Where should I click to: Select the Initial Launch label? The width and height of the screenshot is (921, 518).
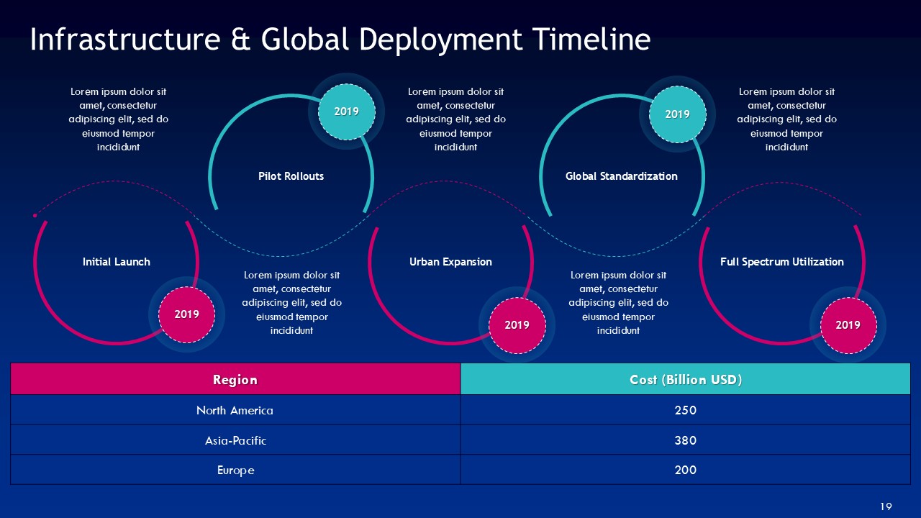click(117, 262)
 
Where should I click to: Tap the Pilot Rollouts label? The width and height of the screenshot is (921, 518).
click(291, 176)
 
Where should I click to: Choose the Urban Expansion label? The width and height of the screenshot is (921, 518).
click(450, 262)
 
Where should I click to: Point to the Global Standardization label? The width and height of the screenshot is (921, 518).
click(621, 176)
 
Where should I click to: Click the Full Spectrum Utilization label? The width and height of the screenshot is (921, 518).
click(781, 262)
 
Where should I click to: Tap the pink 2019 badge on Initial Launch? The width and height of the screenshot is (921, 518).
click(186, 314)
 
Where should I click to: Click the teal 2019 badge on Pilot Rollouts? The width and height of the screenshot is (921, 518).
click(346, 112)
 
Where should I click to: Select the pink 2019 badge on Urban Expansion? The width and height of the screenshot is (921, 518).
click(517, 325)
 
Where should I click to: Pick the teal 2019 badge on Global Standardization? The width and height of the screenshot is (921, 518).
click(677, 114)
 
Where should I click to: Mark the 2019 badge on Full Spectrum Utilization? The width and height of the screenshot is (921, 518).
click(848, 325)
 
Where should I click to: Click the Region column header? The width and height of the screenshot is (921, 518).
click(235, 380)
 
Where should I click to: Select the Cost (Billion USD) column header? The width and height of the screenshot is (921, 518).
click(686, 380)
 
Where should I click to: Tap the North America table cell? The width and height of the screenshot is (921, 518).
click(235, 411)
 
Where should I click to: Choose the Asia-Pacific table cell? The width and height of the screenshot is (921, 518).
click(235, 440)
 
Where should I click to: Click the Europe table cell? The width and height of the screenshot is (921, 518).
click(235, 471)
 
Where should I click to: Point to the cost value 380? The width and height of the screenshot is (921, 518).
click(686, 440)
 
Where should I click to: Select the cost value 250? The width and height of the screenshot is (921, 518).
click(686, 411)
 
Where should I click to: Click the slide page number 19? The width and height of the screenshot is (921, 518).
click(886, 507)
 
